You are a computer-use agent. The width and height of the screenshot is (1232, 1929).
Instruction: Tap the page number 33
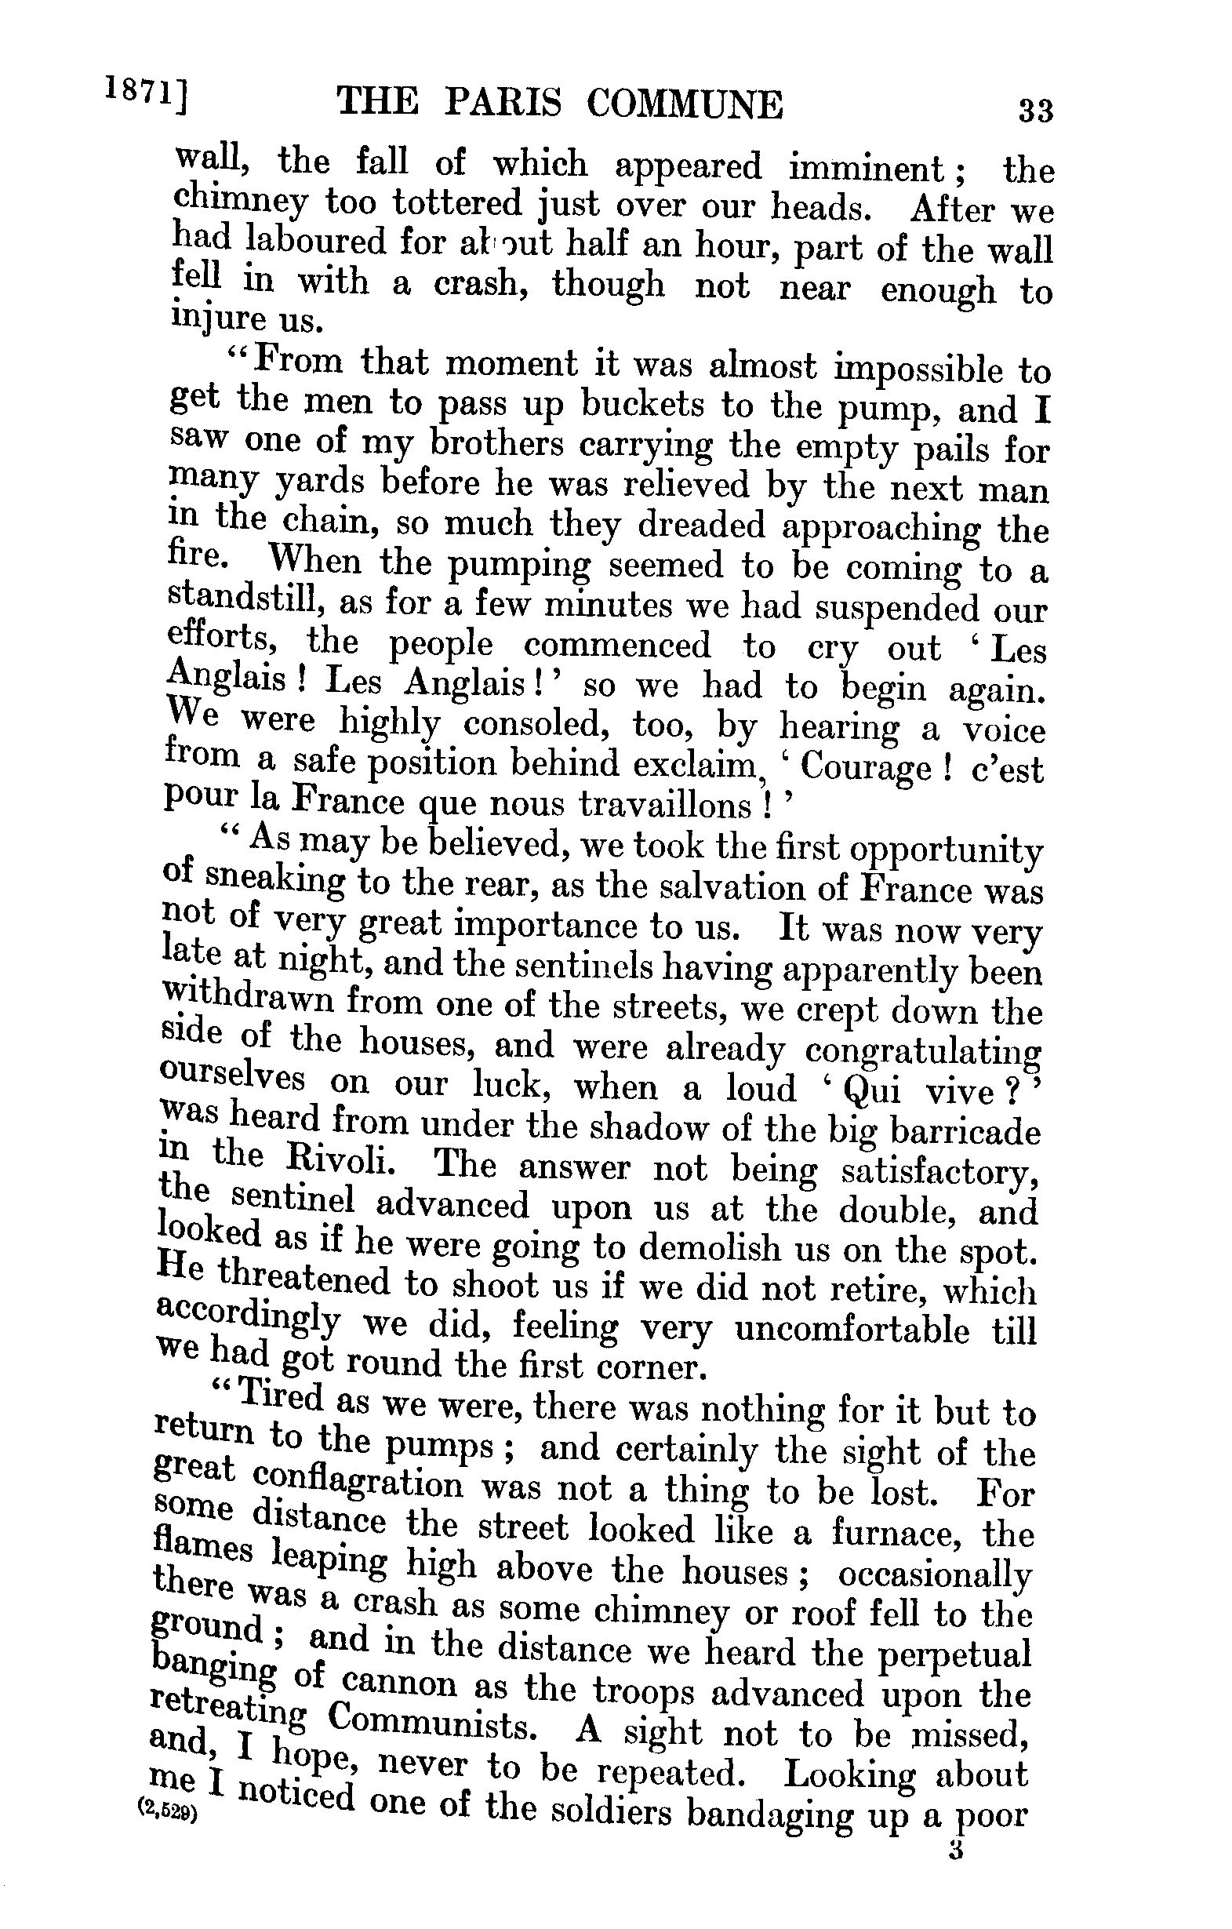1034,109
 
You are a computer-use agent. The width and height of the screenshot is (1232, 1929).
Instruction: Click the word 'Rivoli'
333,1166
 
